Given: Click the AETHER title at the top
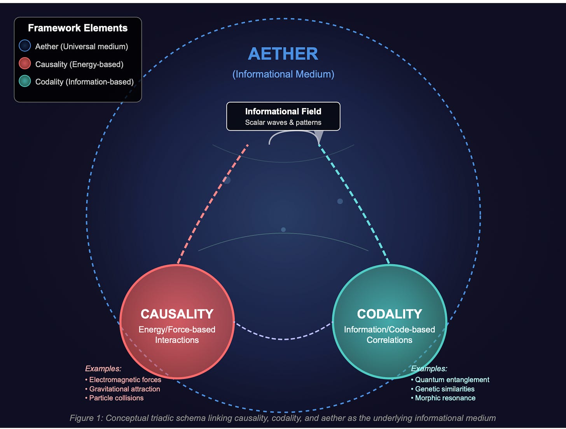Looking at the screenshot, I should click(x=283, y=54).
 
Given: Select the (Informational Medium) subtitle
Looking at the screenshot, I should click(x=283, y=74).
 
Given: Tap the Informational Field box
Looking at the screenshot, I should click(x=283, y=116).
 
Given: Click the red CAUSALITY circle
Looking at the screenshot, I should click(x=177, y=321).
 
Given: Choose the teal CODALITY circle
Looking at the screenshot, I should click(x=389, y=321).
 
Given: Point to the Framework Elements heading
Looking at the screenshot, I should click(x=78, y=28).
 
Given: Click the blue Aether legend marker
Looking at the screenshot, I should click(x=25, y=46).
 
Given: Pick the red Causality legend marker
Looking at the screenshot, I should click(x=25, y=64).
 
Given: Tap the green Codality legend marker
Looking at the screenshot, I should click(x=25, y=81).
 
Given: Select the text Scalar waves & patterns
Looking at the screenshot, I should click(x=283, y=122).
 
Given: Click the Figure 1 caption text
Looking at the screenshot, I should click(x=283, y=418).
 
